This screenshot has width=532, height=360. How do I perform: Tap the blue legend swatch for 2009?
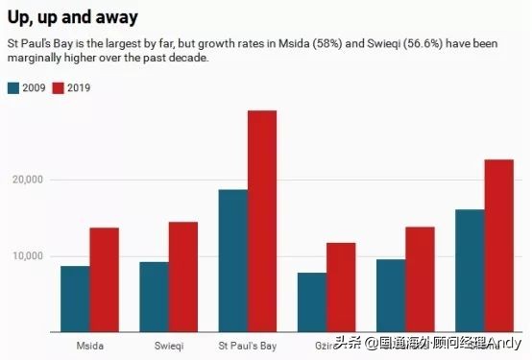[x=13, y=88]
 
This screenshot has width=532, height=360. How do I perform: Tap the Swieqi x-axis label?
[x=168, y=343]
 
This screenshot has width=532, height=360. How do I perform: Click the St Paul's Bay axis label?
[x=247, y=343]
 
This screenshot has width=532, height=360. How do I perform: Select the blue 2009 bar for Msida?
[x=75, y=299]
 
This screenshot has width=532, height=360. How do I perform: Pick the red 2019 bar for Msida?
[x=105, y=279]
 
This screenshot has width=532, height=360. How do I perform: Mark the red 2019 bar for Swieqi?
[x=183, y=276]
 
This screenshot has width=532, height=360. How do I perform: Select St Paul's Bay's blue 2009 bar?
[x=232, y=260]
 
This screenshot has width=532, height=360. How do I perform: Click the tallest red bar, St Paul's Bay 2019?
[x=262, y=221]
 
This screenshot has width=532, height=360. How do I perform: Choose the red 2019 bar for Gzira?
[x=341, y=287]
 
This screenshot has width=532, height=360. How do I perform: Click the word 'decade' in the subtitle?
[x=188, y=59]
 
